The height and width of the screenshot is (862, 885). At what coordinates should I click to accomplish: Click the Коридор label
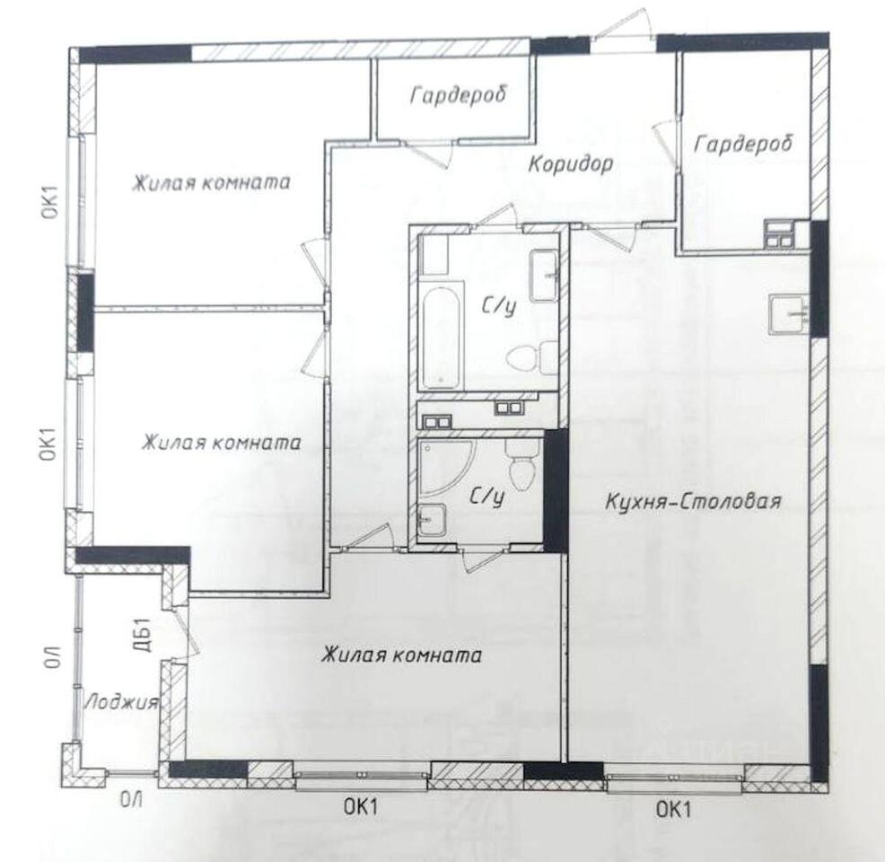pos(571,164)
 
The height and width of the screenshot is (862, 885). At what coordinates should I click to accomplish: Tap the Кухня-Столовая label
pos(693,501)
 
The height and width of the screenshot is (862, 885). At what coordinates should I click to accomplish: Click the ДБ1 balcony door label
pos(144,635)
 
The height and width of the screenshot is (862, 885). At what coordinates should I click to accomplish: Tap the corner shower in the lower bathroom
pos(446,468)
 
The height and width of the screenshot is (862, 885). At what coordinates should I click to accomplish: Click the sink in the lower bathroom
pos(432,519)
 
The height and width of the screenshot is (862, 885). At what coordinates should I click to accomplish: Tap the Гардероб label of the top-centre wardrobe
pos(459,95)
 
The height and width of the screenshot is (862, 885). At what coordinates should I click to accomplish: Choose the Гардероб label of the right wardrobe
pos(743,144)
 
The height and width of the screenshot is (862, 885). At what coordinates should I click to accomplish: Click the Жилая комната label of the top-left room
pos(211,183)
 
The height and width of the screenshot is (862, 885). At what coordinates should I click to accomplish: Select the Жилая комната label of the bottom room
pos(402,655)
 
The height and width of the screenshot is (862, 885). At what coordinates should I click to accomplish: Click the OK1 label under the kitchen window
pos(673,810)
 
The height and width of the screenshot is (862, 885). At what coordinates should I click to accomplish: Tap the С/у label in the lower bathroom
pos(486,497)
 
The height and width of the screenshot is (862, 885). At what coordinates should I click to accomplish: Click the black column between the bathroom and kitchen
pos(556,490)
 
